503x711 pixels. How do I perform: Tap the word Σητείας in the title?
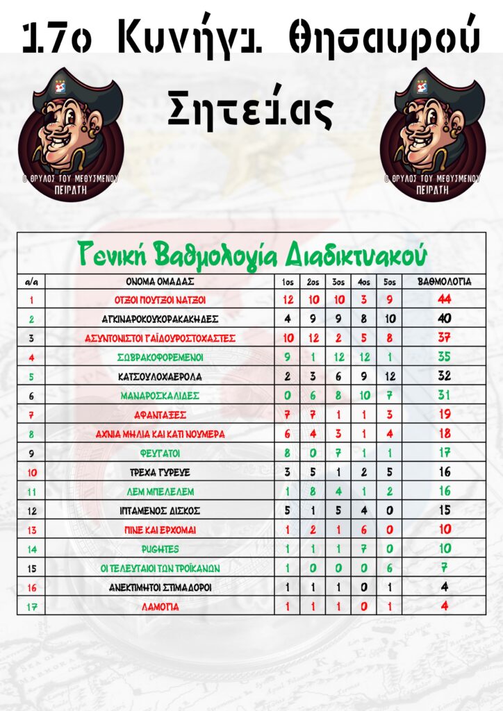click(x=251, y=110)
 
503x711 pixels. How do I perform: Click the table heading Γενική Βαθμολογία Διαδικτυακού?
click(x=251, y=253)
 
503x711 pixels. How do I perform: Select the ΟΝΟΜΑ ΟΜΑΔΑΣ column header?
click(x=160, y=283)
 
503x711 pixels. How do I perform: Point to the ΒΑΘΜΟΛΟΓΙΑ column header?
click(x=445, y=283)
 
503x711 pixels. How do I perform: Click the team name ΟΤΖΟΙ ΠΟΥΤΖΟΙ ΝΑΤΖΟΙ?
click(x=160, y=301)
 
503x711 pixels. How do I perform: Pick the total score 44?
click(x=445, y=300)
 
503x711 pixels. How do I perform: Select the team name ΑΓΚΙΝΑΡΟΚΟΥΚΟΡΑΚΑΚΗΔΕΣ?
click(x=160, y=319)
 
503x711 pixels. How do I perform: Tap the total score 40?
click(x=445, y=319)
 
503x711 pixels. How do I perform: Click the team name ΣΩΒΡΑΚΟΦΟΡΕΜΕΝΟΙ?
click(x=160, y=358)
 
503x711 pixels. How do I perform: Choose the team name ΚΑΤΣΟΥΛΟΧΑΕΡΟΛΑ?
click(x=160, y=376)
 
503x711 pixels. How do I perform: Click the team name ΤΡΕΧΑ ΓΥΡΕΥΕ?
click(x=160, y=472)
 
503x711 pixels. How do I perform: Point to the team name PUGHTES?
click(x=160, y=549)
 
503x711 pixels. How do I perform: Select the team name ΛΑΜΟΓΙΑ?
click(x=160, y=606)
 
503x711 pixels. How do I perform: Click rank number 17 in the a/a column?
click(x=31, y=606)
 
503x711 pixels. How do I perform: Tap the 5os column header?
click(x=390, y=283)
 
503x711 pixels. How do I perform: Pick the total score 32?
click(x=445, y=376)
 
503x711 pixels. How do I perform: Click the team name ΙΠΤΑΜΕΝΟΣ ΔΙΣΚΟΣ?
click(x=160, y=510)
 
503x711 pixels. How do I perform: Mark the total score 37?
click(x=445, y=338)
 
